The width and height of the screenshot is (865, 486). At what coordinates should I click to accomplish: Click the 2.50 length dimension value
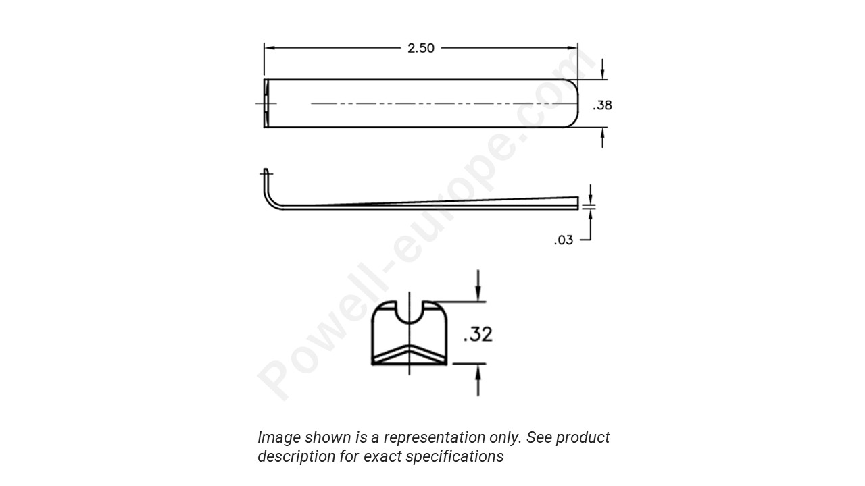[421, 48]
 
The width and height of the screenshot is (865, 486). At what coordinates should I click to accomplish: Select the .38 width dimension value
[602, 105]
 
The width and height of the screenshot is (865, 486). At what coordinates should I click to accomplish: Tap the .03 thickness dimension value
[564, 240]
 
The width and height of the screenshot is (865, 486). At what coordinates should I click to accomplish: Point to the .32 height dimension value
[478, 334]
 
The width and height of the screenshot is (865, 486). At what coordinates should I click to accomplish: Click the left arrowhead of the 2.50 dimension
[269, 48]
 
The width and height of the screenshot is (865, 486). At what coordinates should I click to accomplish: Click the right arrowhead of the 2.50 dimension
[573, 48]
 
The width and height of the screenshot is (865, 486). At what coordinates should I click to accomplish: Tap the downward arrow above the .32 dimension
[478, 294]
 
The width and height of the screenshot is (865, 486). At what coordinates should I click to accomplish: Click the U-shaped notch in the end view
[410, 312]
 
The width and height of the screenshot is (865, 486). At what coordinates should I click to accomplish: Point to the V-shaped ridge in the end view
[410, 354]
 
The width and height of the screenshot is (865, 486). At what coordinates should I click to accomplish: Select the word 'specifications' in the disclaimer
[460, 456]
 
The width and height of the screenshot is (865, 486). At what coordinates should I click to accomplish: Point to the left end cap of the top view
[266, 103]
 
